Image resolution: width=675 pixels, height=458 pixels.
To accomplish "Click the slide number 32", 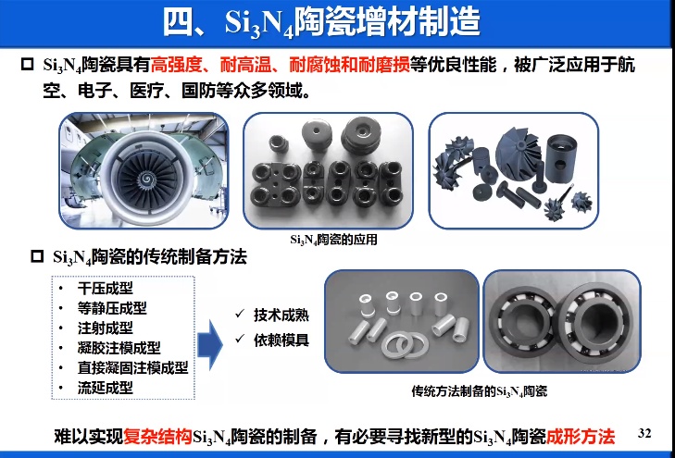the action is [644, 433].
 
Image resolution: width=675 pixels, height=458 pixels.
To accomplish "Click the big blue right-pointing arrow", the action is [209, 344].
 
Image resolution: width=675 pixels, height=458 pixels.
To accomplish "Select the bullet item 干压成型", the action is [106, 288].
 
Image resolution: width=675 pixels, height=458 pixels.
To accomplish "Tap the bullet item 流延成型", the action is [106, 388].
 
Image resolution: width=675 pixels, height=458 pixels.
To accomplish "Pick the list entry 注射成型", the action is [106, 328].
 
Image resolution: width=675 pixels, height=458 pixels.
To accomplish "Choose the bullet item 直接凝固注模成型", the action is [133, 367].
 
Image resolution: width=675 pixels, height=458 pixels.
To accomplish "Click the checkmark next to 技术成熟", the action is [240, 314].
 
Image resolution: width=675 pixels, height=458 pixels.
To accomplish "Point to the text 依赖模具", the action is [281, 340].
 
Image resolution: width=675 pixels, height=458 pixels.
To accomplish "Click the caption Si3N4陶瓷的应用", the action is [333, 240].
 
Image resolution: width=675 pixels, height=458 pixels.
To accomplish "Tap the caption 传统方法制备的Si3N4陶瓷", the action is [480, 391].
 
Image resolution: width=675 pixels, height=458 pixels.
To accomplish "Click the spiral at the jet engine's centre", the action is [146, 178].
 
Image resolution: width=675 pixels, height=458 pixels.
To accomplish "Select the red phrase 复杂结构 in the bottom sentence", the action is [158, 437].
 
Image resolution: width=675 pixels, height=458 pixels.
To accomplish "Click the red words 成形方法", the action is [581, 437].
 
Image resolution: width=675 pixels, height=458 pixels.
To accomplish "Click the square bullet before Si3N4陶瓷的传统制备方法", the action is [37, 256].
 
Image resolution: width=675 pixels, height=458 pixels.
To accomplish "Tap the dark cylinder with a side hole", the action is [561, 158].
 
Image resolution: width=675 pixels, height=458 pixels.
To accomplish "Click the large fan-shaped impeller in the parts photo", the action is [518, 151].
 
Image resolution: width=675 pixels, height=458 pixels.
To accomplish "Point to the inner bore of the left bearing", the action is [519, 320].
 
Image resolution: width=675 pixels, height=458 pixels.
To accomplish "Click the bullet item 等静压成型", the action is [112, 308].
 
